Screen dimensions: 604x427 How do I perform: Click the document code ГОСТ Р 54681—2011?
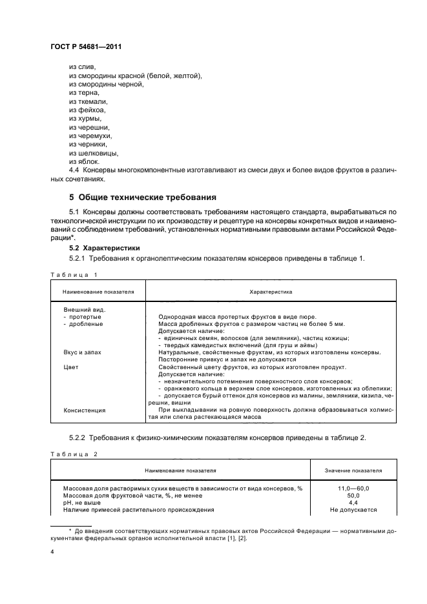[86, 48]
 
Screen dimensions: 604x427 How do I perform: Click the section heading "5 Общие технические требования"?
[143, 197]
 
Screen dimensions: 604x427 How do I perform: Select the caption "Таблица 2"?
[73, 454]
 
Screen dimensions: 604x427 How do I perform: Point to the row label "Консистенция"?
[84, 410]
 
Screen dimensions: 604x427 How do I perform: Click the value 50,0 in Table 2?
[353, 496]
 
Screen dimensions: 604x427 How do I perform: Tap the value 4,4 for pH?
[353, 503]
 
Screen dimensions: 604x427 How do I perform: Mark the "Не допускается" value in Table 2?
[353, 510]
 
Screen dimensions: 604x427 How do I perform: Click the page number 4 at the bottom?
[52, 552]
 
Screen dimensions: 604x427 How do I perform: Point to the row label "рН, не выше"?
[83, 503]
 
